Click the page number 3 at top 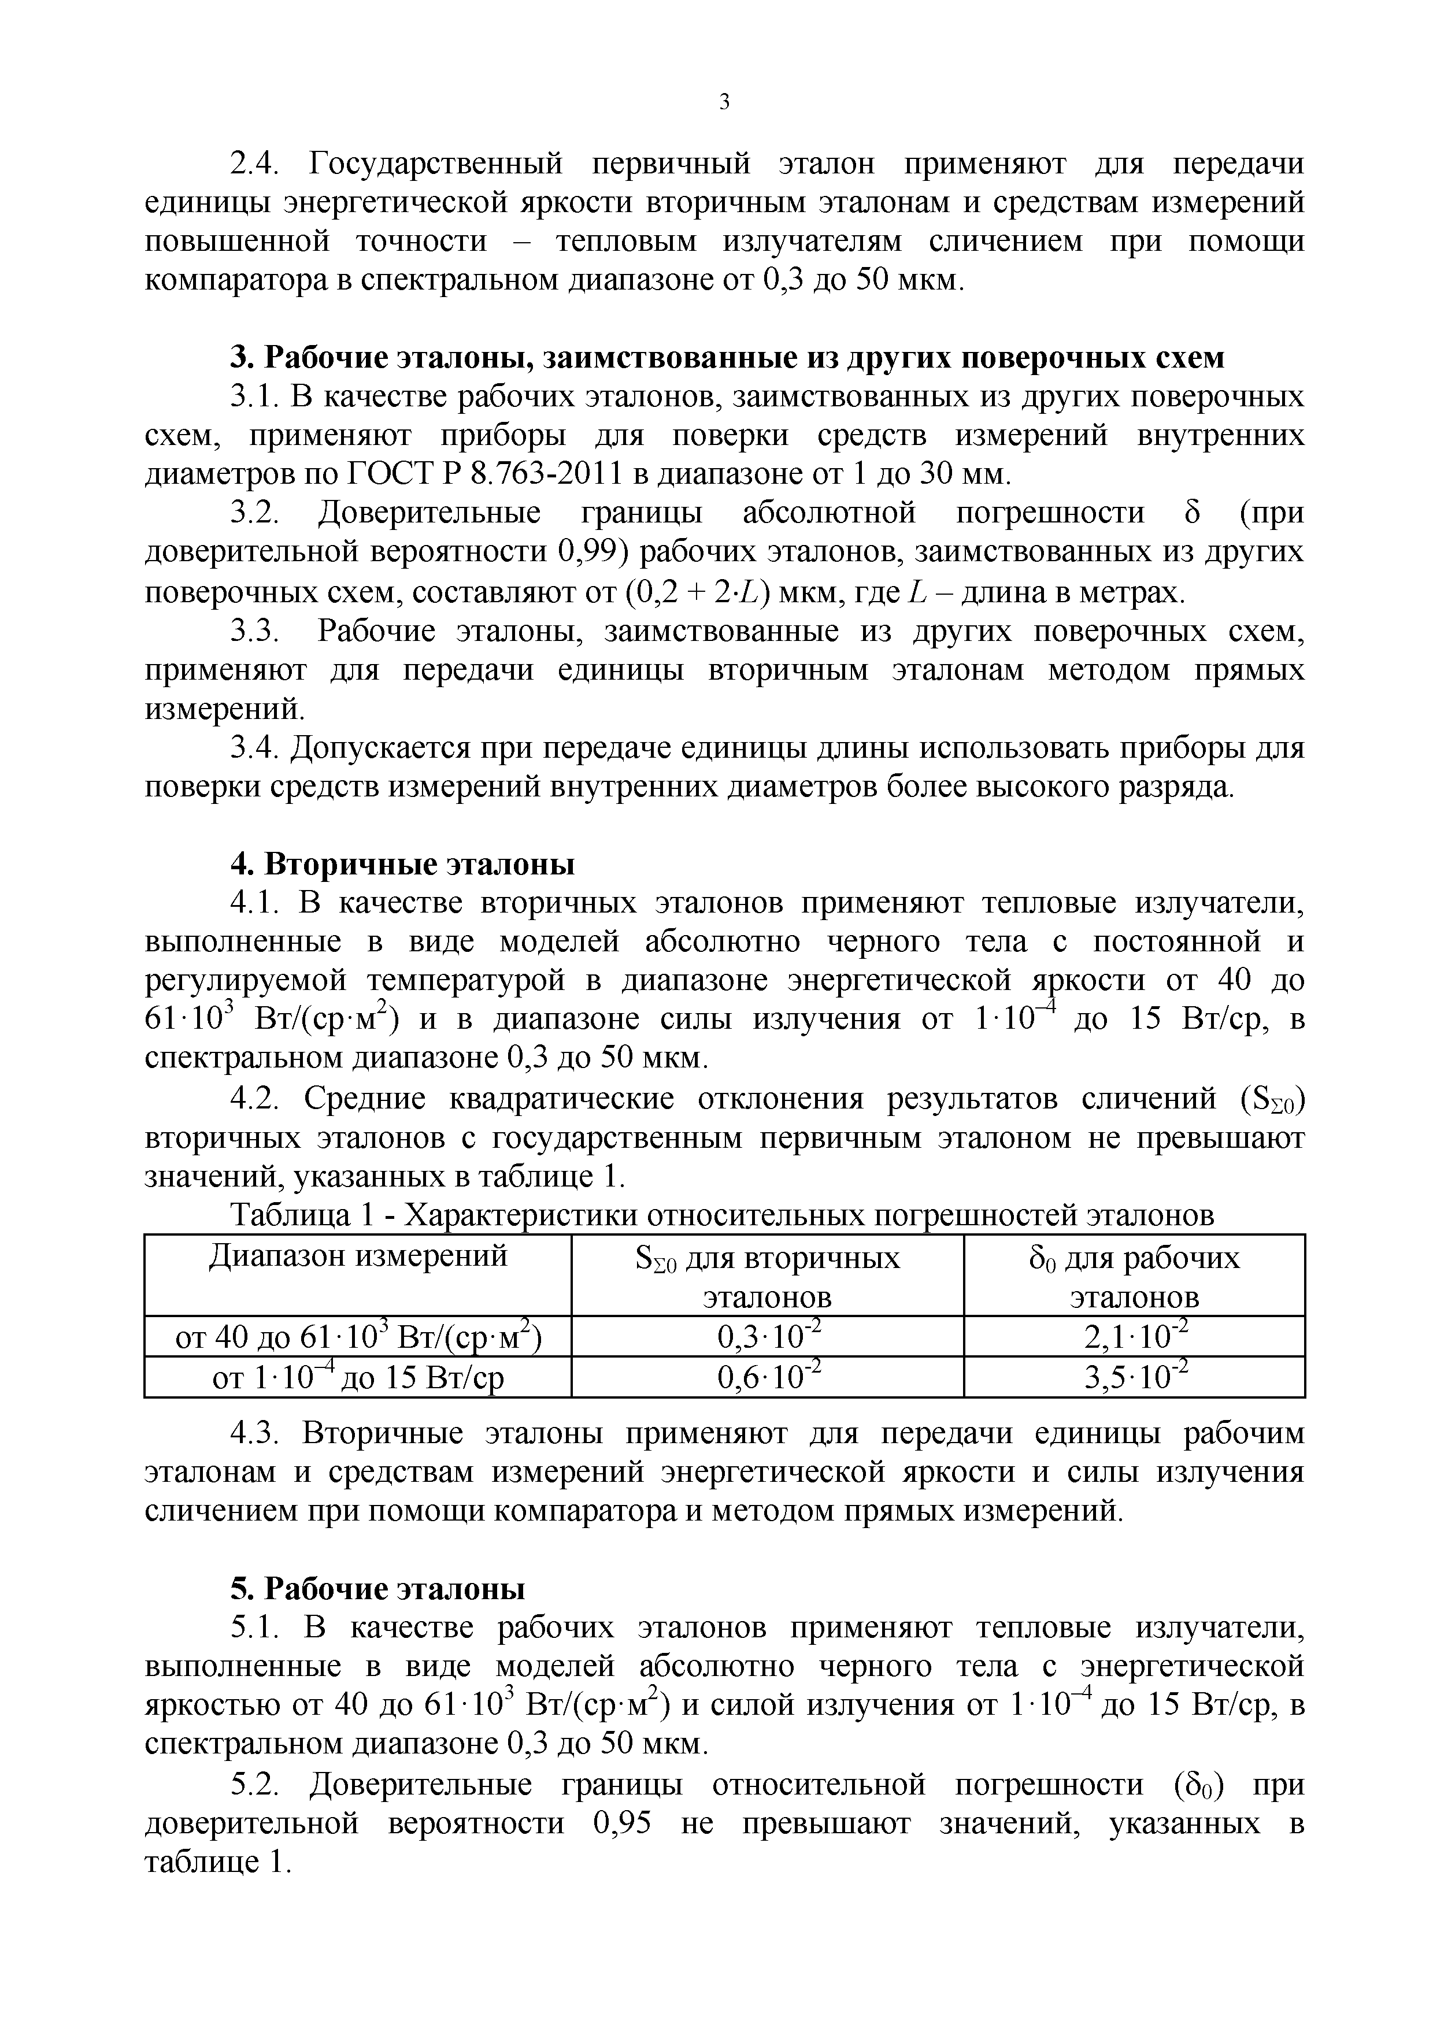[x=724, y=102]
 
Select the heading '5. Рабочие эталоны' [x=378, y=1589]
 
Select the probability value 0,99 [x=591, y=554]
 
